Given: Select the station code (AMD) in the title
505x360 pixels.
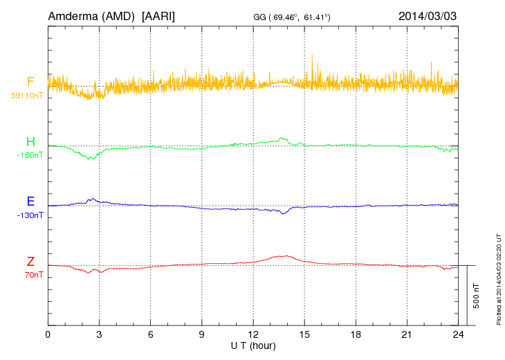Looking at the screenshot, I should click(x=119, y=15).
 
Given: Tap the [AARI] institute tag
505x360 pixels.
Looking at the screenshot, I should click(x=158, y=15).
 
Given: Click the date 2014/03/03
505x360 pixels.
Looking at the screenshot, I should click(x=428, y=15).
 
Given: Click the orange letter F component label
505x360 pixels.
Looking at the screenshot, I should click(x=30, y=82).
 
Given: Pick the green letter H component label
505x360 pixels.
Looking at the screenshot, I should click(x=30, y=142).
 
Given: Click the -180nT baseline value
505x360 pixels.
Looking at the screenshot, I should click(x=30, y=155).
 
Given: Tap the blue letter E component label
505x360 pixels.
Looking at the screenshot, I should click(x=30, y=201).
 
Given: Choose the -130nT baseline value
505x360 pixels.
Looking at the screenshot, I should click(x=30, y=215).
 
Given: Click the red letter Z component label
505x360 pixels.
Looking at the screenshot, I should click(x=30, y=262).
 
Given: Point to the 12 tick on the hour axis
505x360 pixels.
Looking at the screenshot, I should click(x=253, y=334).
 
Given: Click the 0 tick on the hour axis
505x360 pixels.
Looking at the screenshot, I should click(x=48, y=334).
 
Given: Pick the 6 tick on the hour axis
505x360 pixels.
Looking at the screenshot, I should click(x=151, y=334).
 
